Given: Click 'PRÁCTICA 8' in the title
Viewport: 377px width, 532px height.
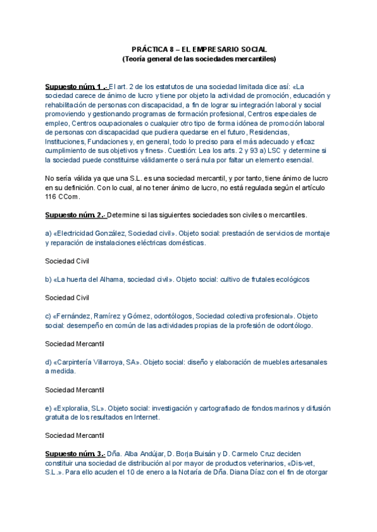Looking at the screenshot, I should [x=151, y=48].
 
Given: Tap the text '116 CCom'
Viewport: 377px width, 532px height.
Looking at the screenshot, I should [x=60, y=196].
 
